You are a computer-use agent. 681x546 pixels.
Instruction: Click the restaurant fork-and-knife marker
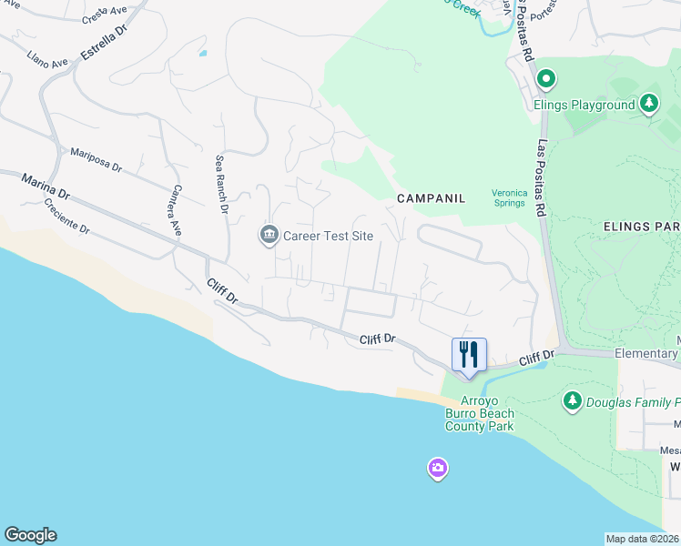469,355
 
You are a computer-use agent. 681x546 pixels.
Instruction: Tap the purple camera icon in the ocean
438,469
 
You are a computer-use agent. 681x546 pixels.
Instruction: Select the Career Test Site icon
269,236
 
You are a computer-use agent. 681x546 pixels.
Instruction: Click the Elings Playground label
584,105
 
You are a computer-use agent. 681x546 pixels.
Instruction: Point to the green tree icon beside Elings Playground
648,104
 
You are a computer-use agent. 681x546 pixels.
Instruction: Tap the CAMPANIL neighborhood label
431,197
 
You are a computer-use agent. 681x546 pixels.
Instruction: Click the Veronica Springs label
509,197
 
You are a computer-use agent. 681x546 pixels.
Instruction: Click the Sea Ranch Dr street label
221,184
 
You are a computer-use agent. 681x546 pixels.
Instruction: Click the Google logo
30,535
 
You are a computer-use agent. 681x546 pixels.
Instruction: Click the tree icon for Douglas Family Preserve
572,401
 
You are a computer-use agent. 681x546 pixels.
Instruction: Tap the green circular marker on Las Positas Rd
545,79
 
